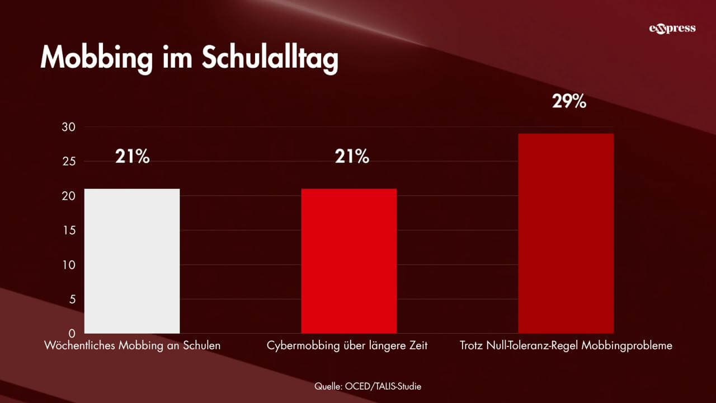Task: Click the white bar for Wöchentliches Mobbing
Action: pos(132,261)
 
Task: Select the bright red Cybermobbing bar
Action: pos(349,261)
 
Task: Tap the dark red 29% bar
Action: pos(566,233)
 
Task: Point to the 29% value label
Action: pos(569,101)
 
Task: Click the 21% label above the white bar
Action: pos(133,157)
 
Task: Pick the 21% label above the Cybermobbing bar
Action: pos(352,157)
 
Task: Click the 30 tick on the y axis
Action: pos(68,127)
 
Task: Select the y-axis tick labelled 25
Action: pos(68,162)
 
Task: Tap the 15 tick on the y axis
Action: pos(68,231)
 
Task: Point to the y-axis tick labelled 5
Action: pos(71,299)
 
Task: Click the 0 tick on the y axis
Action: pos(71,334)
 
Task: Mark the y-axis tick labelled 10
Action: pos(68,265)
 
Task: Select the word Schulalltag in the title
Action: pos(270,58)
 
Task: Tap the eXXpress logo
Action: pos(672,29)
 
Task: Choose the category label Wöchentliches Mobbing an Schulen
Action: pos(133,346)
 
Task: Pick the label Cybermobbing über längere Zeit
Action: pos(347,346)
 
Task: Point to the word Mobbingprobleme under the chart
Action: pos(627,346)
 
